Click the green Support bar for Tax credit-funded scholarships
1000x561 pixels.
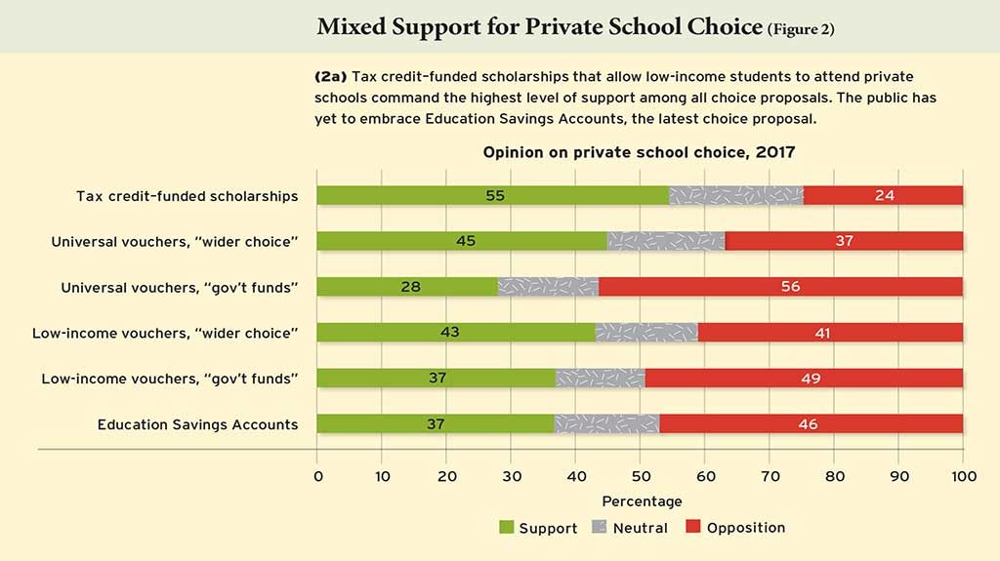[410, 195]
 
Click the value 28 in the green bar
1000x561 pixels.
[408, 287]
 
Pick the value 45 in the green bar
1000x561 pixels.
[465, 241]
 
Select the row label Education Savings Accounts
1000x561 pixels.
[197, 424]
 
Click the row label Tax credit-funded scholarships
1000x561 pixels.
[187, 195]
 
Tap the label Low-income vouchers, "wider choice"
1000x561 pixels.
[165, 333]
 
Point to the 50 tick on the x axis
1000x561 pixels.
[640, 476]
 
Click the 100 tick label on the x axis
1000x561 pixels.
[963, 476]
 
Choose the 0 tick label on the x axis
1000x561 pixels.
[317, 476]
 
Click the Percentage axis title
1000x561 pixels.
[641, 501]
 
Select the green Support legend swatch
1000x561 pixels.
[506, 528]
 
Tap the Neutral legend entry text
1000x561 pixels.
[642, 528]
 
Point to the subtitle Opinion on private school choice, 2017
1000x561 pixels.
[640, 153]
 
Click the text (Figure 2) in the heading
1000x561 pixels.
[800, 28]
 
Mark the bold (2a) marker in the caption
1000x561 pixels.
[330, 75]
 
